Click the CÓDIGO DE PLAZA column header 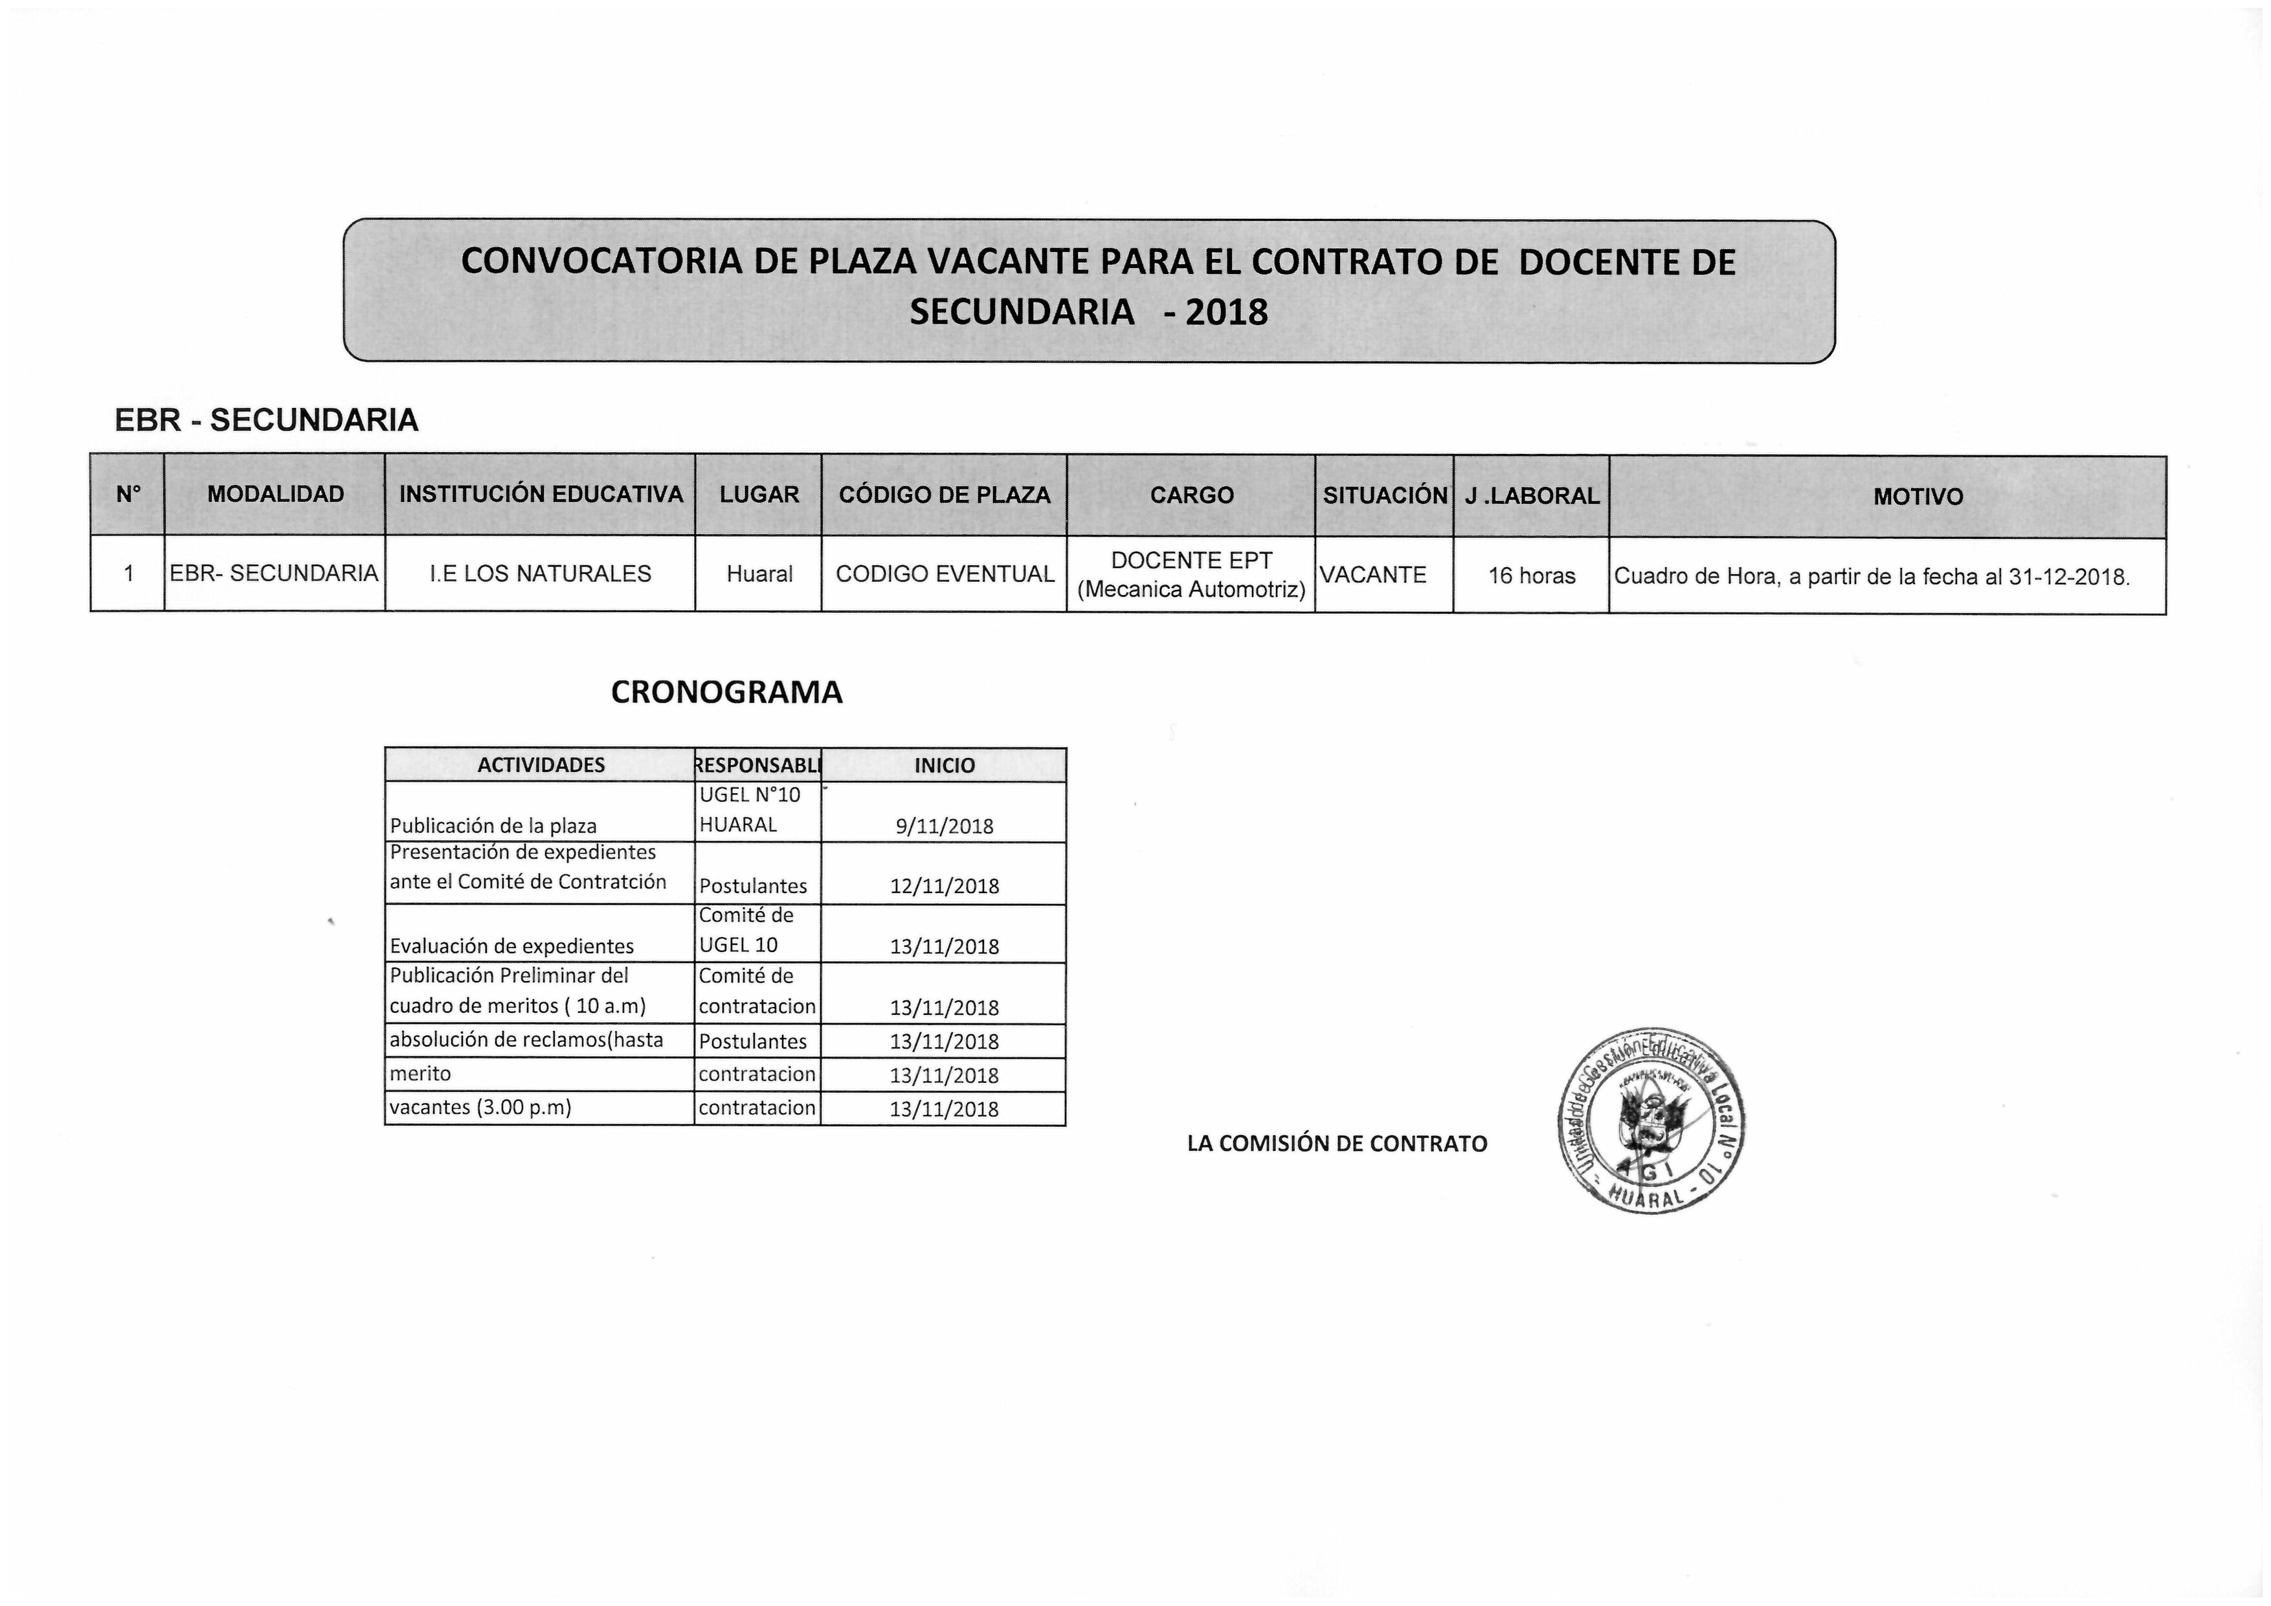944,495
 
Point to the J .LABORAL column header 1531,496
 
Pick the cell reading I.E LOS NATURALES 540,574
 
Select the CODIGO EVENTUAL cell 944,574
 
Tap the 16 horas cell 1531,576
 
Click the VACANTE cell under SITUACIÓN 1373,575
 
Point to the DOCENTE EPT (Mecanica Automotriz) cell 1191,575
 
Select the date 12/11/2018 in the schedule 944,887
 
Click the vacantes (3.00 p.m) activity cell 481,1107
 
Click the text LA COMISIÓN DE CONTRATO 1336,1144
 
